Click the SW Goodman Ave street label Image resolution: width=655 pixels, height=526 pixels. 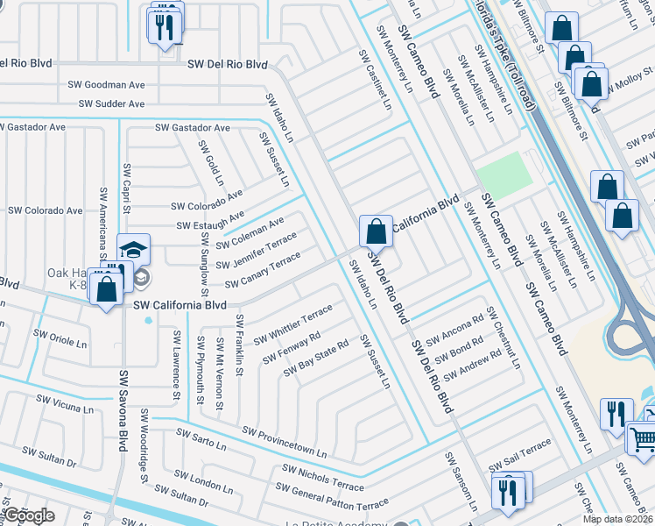tap(112, 85)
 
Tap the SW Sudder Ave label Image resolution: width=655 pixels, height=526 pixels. tap(111, 103)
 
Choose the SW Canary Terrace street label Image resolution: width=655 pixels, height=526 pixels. tap(263, 272)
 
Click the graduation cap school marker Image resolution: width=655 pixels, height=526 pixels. tap(133, 250)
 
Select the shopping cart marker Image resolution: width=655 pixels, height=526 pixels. tap(644, 436)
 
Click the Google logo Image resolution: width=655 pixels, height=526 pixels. tap(28, 515)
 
